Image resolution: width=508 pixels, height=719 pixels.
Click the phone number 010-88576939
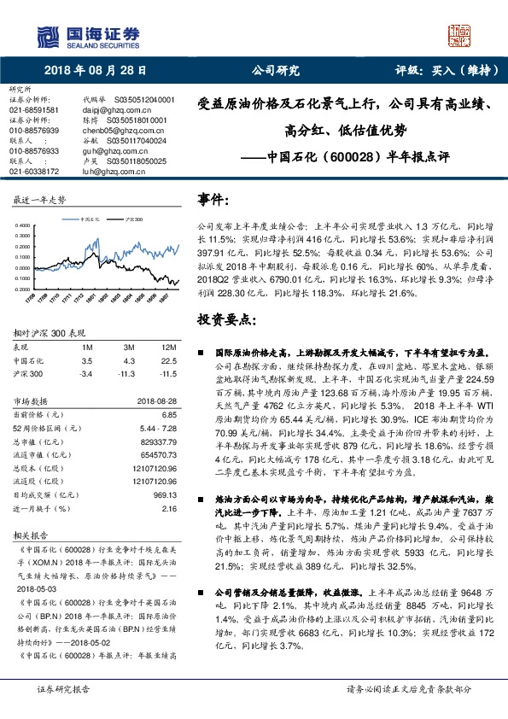[x=34, y=130]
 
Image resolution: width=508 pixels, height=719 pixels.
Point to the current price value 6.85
[x=167, y=412]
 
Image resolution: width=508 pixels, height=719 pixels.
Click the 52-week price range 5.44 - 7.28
[x=157, y=425]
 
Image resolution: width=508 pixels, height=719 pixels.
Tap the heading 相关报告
[x=28, y=535]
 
